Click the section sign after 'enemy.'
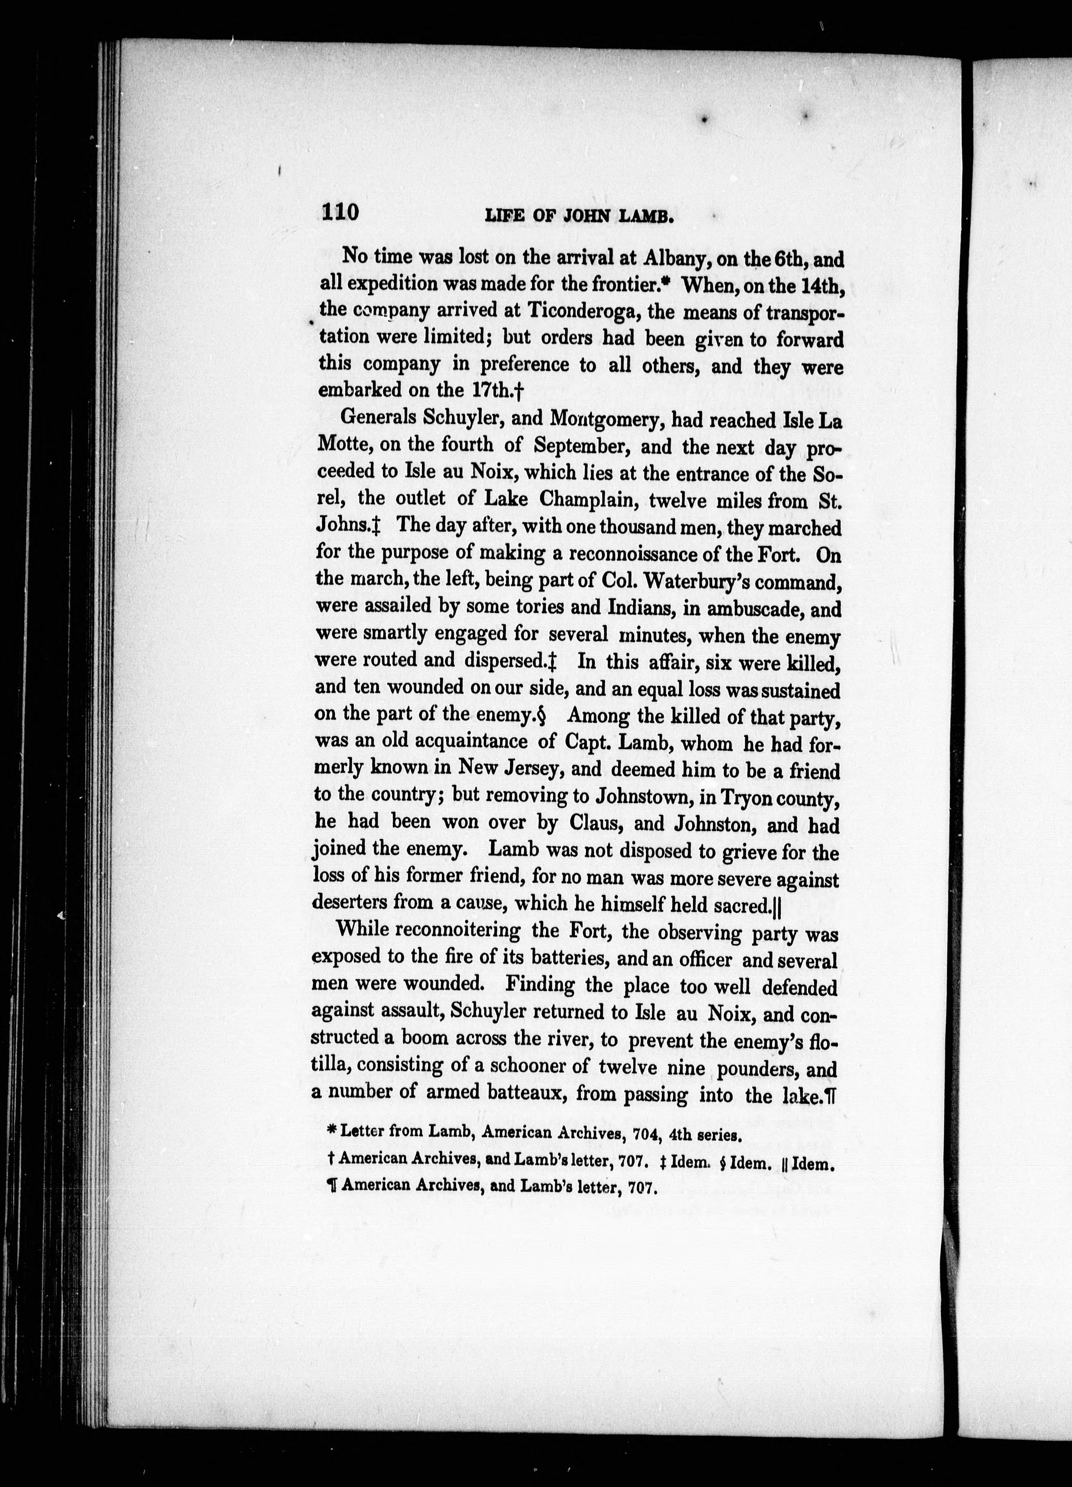(541, 715)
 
